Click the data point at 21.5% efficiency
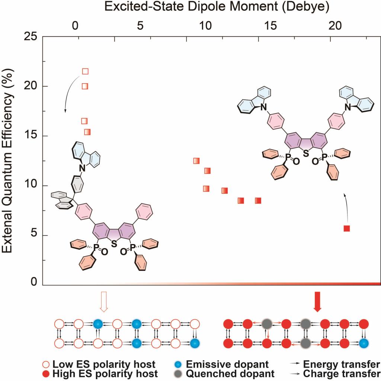[85, 71]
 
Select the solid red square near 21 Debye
[347, 228]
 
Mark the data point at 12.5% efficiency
[196, 161]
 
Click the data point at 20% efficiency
[85, 86]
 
